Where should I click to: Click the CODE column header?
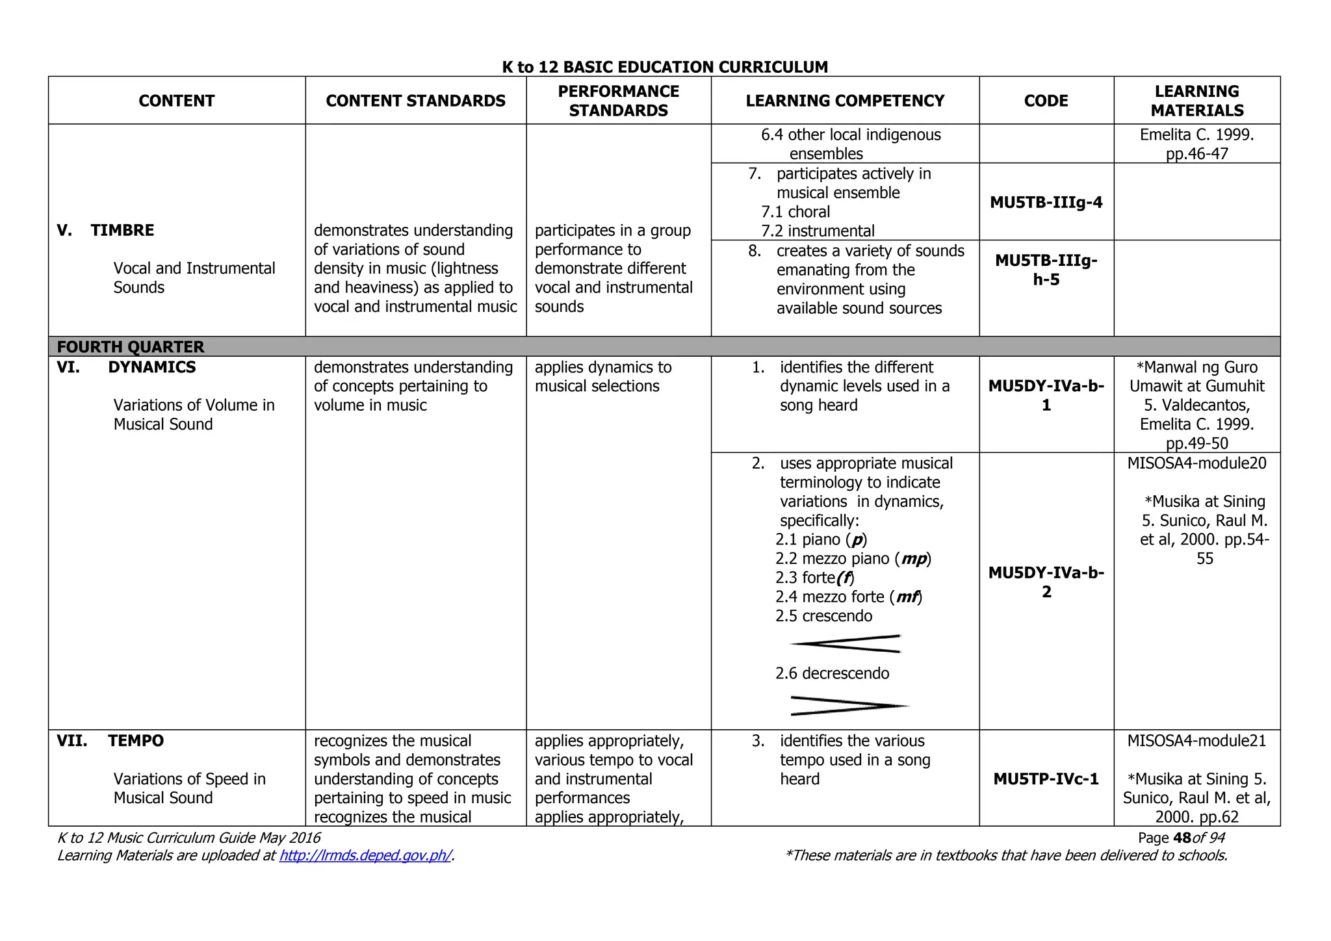tap(1046, 101)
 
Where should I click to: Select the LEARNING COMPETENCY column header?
tap(845, 101)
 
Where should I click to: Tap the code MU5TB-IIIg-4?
tap(1046, 202)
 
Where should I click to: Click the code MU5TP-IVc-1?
tap(1046, 779)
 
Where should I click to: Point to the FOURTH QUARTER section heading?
tap(131, 346)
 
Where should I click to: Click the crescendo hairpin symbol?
tap(846, 643)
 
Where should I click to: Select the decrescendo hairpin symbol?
tap(848, 706)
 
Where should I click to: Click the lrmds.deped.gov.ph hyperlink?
tap(365, 855)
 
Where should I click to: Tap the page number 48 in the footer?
tap(1182, 838)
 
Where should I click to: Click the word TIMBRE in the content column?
tap(122, 230)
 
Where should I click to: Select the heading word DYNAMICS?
tap(151, 367)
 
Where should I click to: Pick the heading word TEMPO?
tap(136, 741)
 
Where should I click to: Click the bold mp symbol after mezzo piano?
tap(913, 559)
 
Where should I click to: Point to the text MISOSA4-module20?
tap(1196, 463)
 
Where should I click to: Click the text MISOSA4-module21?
tap(1196, 741)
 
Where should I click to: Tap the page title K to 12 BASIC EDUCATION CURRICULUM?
tap(665, 67)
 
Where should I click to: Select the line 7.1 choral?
tap(795, 212)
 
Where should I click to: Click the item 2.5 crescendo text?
tap(823, 616)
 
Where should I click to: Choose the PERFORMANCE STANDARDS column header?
tap(618, 101)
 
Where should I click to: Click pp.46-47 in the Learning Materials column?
tap(1196, 154)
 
